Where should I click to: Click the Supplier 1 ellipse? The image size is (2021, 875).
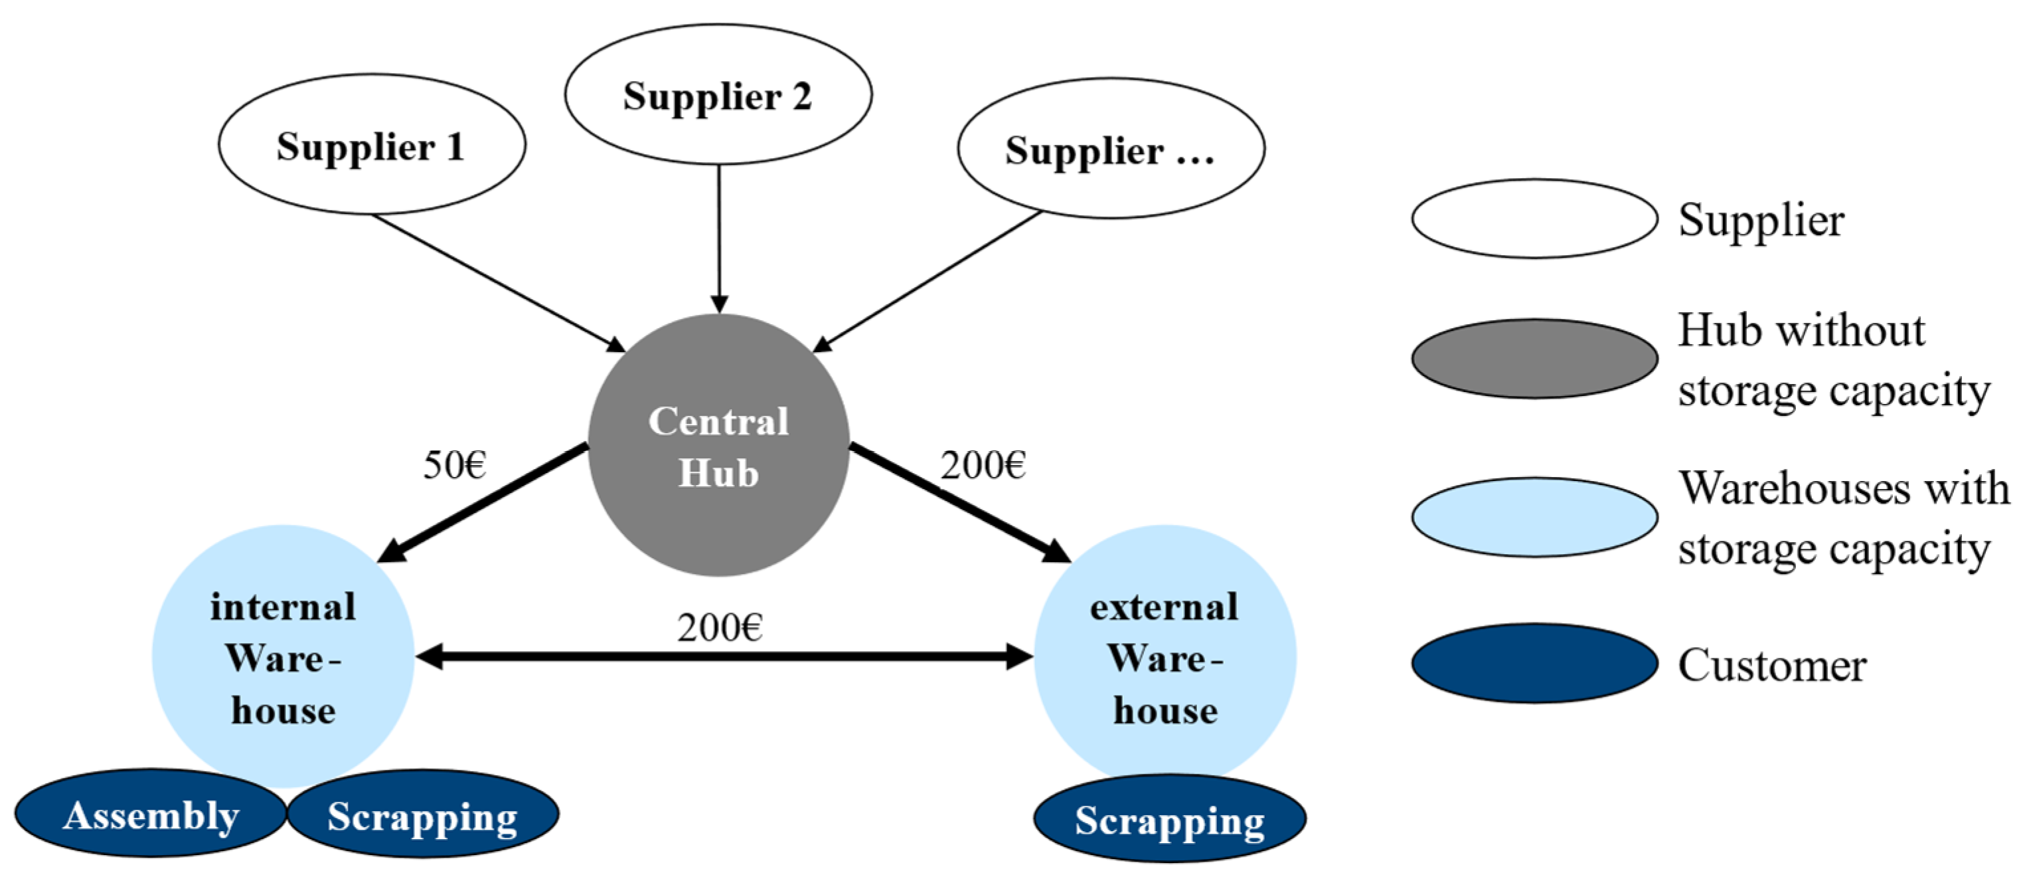pos(372,146)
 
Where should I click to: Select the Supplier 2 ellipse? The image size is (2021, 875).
pos(718,95)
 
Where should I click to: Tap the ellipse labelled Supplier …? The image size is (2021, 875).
pos(1111,148)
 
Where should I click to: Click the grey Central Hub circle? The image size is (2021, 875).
pos(718,446)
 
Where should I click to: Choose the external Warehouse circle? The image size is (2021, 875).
pos(1165,657)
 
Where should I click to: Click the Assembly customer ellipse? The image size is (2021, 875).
pos(151,814)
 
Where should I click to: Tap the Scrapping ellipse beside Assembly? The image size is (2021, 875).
pos(423,815)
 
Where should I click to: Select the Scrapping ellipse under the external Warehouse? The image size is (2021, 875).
pos(1170,819)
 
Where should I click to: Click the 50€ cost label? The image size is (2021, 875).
pos(454,464)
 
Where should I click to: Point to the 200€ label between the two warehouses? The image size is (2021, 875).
pos(720,627)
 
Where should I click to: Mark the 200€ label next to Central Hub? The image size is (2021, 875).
pos(983,464)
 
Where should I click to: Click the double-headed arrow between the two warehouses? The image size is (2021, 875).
pos(722,657)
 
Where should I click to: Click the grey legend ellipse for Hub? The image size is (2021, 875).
pos(1534,359)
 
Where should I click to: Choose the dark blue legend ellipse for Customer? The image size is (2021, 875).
pos(1534,663)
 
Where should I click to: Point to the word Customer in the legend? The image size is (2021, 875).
pos(1771,666)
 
